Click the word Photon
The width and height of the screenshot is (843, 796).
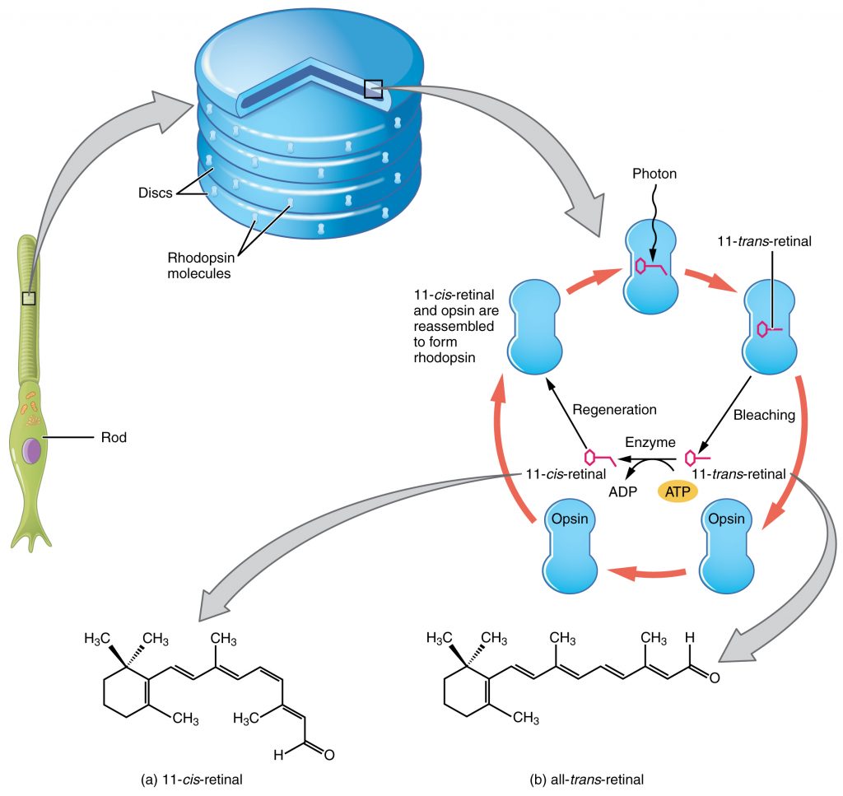(655, 174)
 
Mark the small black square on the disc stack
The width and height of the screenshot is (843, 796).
(373, 89)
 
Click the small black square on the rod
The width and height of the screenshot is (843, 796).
(29, 298)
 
